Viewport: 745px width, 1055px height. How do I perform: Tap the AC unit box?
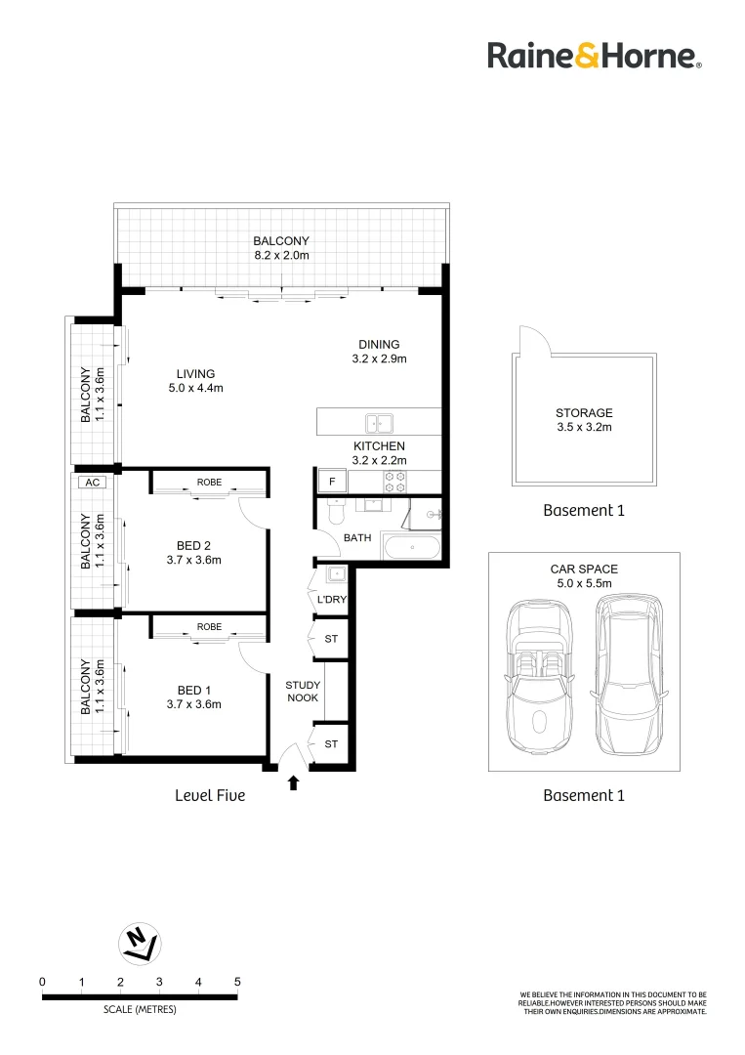tap(93, 483)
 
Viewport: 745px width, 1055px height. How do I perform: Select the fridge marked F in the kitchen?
tap(331, 482)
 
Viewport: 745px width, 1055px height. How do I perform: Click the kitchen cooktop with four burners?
tap(395, 481)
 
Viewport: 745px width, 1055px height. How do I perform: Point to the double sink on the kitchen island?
tap(378, 423)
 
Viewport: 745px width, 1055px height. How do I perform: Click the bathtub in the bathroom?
tap(410, 546)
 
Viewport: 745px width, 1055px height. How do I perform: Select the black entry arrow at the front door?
tap(293, 781)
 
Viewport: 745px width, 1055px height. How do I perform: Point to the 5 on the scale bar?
tap(237, 982)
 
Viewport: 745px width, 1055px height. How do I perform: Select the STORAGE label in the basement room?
tap(584, 413)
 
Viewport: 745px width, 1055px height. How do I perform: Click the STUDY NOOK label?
tap(303, 692)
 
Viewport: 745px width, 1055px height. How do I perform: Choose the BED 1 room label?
tap(194, 690)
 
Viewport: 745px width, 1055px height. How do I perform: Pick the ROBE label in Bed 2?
tap(209, 483)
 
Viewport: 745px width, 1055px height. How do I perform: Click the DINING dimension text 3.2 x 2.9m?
tap(379, 359)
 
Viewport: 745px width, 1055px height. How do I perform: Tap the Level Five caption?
tap(209, 796)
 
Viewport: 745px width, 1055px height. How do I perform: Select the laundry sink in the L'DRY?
tap(333, 574)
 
